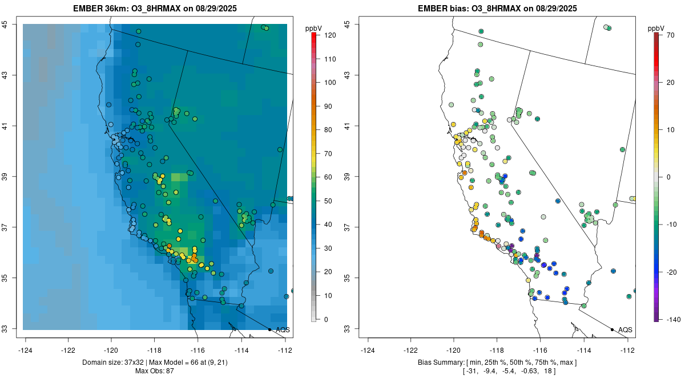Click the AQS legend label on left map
[283, 330]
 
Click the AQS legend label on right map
[625, 330]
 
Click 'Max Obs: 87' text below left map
[155, 371]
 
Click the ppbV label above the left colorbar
[313, 28]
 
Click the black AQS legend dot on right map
[612, 329]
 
